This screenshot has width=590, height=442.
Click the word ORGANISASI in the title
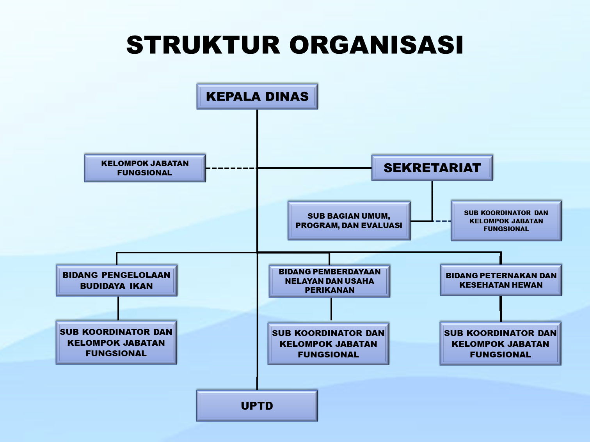tap(377, 45)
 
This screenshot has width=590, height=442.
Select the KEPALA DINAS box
tap(257, 96)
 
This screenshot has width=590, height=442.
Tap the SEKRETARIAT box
tap(432, 168)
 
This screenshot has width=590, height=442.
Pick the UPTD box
tap(257, 406)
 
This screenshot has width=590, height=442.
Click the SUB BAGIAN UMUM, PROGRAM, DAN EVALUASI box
tap(349, 221)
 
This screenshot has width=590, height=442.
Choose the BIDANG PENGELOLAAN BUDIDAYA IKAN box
tap(116, 280)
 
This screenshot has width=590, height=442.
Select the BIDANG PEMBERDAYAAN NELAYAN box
tap(329, 281)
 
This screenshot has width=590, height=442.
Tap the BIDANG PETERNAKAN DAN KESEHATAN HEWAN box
tap(501, 280)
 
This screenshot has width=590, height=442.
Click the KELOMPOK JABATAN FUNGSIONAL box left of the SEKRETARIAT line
tap(145, 168)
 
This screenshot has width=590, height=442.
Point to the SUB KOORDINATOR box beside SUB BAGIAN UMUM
tap(506, 221)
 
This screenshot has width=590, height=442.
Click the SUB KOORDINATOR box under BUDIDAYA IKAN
tap(116, 343)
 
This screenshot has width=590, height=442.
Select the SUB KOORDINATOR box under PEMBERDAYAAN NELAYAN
tap(328, 344)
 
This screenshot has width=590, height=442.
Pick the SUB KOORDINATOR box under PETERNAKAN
tap(500, 344)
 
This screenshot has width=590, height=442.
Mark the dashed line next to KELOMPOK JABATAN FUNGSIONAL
tap(230, 168)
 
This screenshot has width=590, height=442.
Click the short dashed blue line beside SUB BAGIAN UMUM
tap(442, 221)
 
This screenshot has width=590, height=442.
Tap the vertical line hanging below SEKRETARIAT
tap(432, 201)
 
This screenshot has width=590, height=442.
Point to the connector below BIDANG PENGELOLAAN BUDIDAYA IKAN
tap(118, 308)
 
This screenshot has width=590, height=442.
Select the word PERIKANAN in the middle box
tap(330, 290)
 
